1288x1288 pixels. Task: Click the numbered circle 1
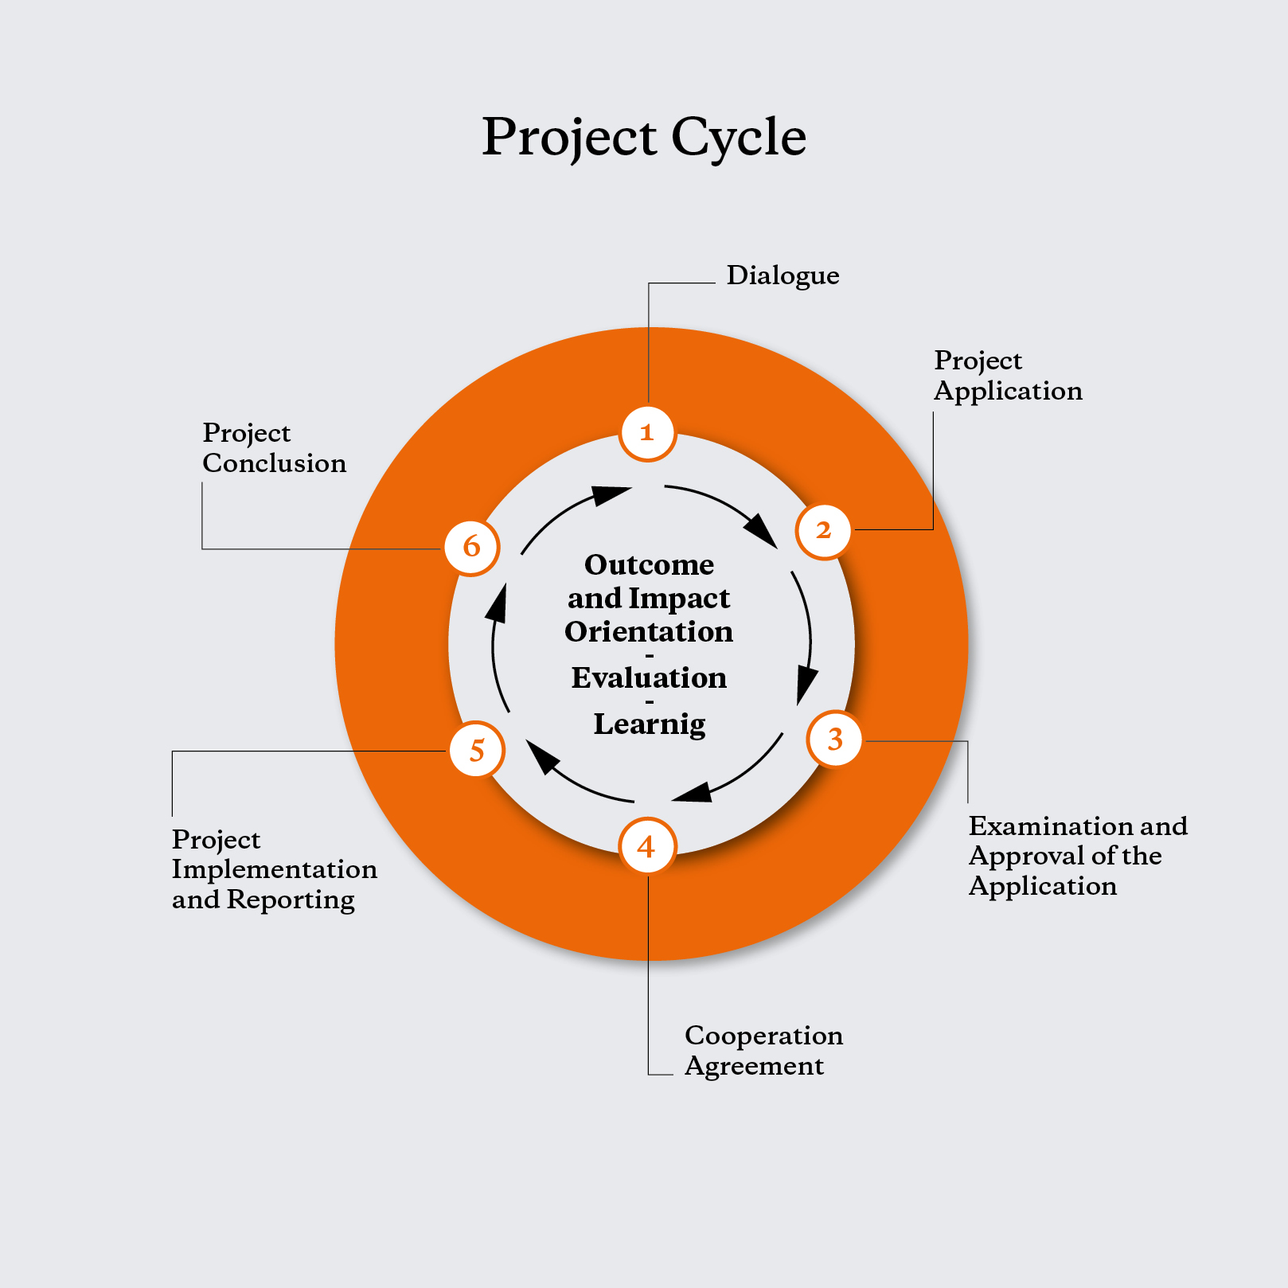point(648,433)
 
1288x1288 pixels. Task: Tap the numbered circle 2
point(824,531)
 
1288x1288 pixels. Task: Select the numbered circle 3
point(835,740)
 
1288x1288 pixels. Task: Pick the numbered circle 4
point(647,845)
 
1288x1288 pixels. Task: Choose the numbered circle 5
point(477,750)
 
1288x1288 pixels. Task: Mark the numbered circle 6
point(472,547)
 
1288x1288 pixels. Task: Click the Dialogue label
point(783,275)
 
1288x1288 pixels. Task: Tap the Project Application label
point(1008,376)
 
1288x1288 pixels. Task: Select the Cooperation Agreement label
point(763,1051)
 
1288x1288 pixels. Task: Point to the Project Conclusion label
point(275,448)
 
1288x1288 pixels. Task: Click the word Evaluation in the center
point(649,677)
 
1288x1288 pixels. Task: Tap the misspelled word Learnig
point(650,724)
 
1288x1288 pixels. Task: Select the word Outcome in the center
point(649,564)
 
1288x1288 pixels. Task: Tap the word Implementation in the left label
point(275,870)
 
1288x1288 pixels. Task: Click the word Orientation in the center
point(649,631)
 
